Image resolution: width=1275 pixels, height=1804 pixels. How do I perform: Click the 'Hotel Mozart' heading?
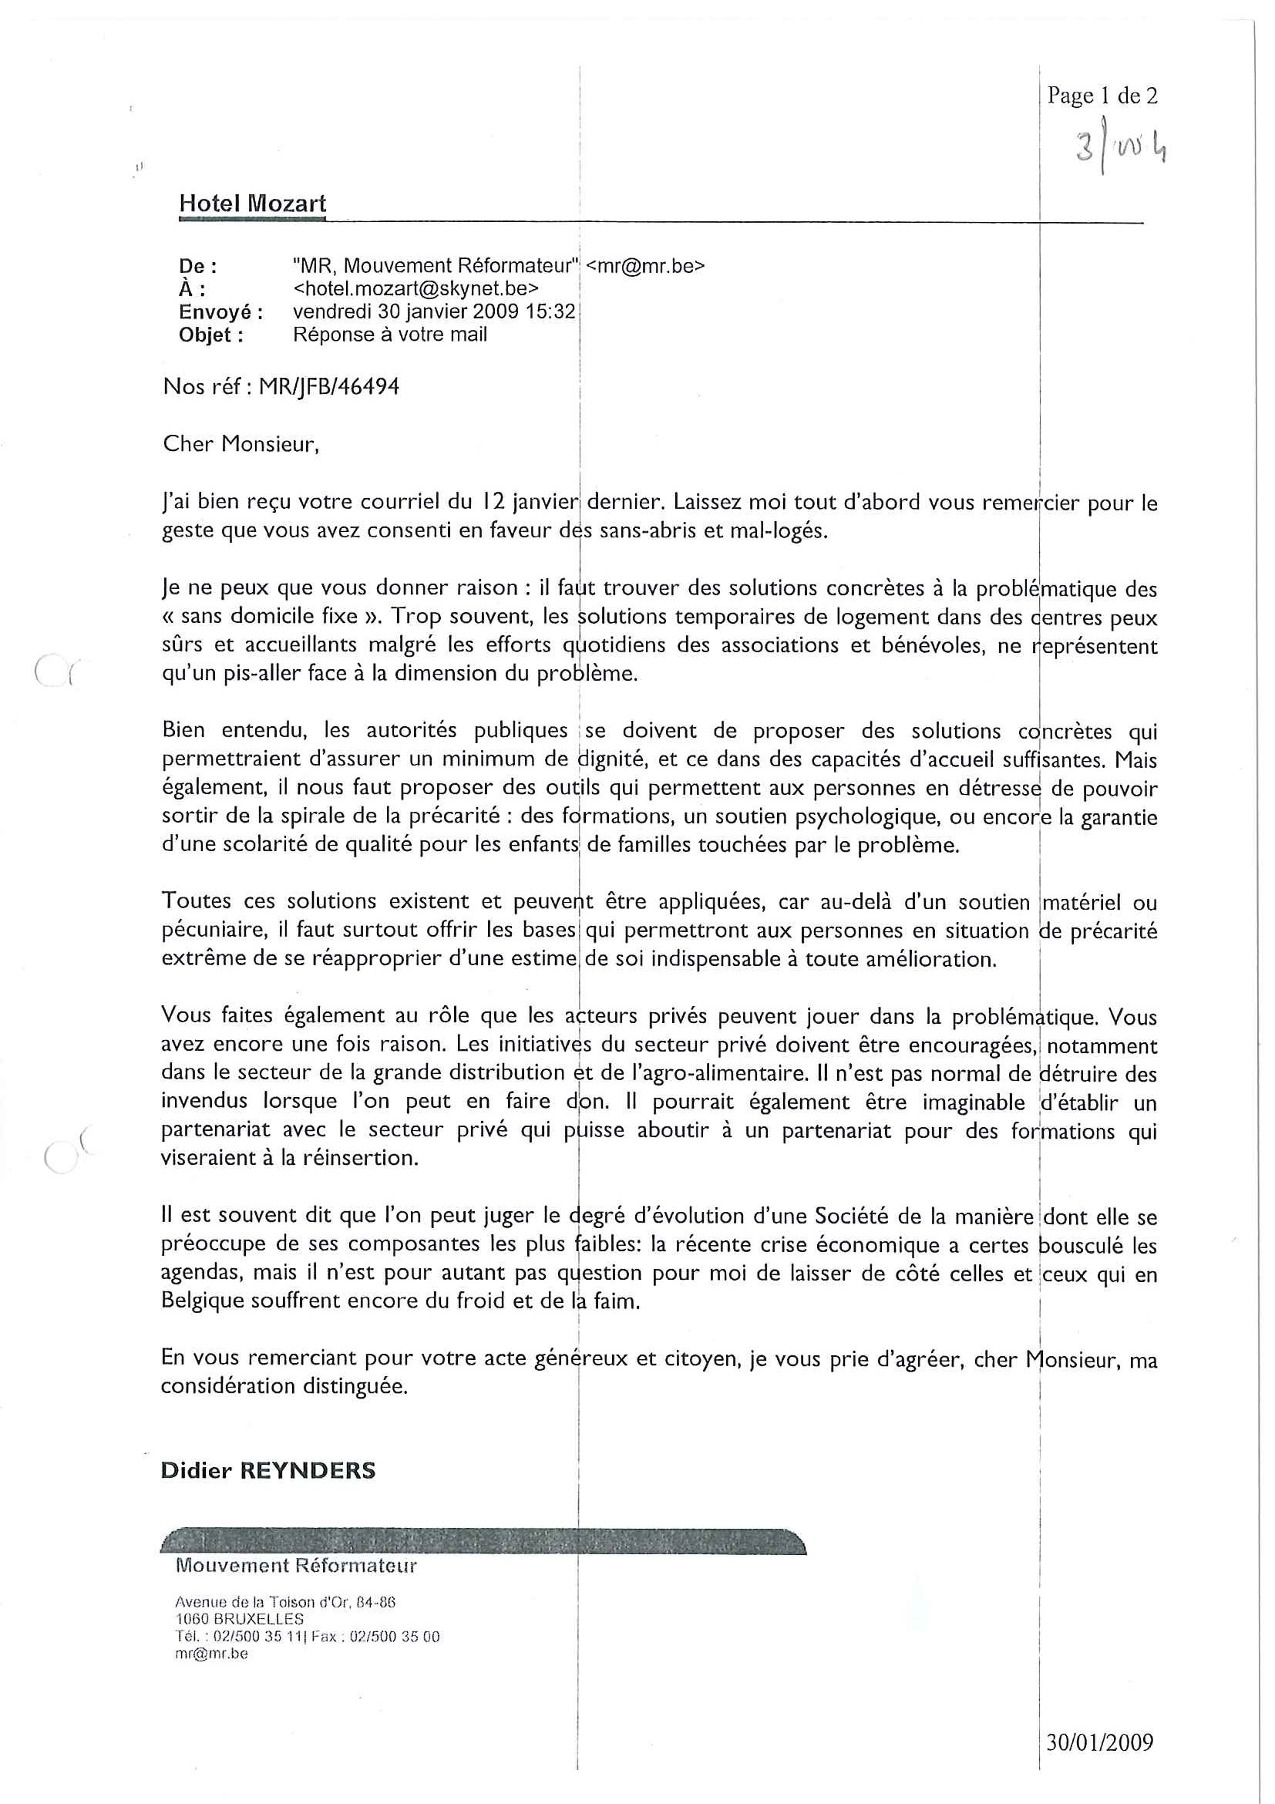click(x=252, y=204)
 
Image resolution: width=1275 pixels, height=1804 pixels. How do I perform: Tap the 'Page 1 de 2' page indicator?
click(x=1102, y=96)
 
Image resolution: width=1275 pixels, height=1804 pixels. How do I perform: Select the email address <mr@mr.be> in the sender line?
click(x=645, y=266)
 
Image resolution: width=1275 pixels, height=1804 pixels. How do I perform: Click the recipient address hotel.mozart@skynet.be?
click(x=415, y=288)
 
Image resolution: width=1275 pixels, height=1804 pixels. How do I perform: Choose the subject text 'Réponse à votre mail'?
click(x=389, y=334)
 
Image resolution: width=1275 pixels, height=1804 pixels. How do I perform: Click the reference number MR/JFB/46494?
click(x=329, y=387)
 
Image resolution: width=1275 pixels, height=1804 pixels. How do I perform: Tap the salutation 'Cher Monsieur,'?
click(x=241, y=445)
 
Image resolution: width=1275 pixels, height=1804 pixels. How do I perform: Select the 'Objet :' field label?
click(x=210, y=335)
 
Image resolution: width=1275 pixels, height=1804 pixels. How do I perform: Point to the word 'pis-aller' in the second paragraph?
click(x=257, y=674)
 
